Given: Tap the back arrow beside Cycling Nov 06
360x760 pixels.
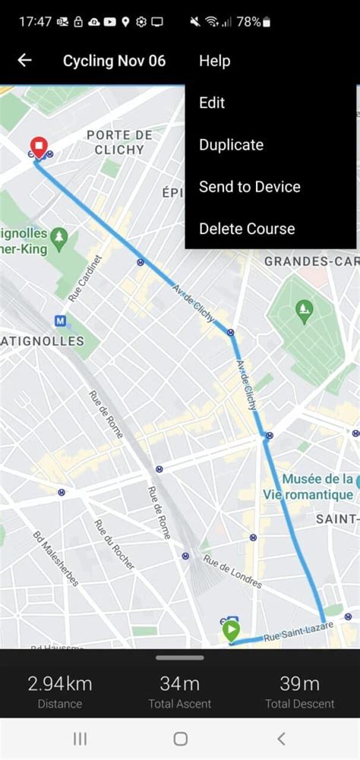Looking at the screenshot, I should pyautogui.click(x=24, y=61).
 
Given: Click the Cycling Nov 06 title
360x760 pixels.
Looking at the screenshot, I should pyautogui.click(x=114, y=61).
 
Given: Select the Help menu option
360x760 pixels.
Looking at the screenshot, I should pyautogui.click(x=214, y=61).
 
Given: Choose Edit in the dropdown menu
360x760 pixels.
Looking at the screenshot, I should pyautogui.click(x=212, y=102).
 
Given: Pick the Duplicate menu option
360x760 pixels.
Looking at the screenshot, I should pyautogui.click(x=231, y=144).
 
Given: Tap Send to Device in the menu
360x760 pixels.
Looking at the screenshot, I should pyautogui.click(x=249, y=187).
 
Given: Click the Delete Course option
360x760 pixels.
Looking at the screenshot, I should pyautogui.click(x=246, y=229).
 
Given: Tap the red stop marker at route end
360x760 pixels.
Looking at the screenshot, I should pyautogui.click(x=37, y=147).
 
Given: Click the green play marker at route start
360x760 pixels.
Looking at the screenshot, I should pyautogui.click(x=230, y=630).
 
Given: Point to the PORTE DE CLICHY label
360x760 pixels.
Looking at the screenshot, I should pyautogui.click(x=119, y=142).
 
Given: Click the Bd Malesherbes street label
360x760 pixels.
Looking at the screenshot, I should pyautogui.click(x=55, y=558).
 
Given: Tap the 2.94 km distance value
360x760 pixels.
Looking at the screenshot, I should pyautogui.click(x=59, y=683).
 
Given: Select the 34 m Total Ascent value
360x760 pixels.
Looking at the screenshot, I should pyautogui.click(x=180, y=683).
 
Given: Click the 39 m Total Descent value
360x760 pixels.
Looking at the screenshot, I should pyautogui.click(x=299, y=683).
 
